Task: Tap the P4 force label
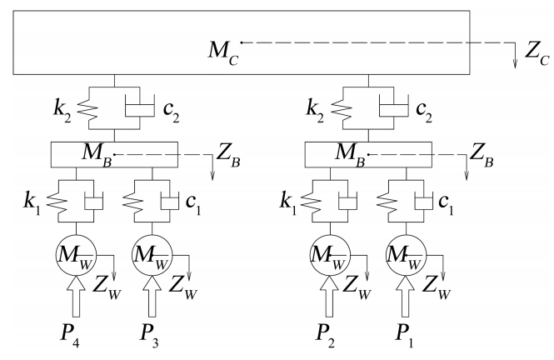coord(73,340)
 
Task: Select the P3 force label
coord(149,340)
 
